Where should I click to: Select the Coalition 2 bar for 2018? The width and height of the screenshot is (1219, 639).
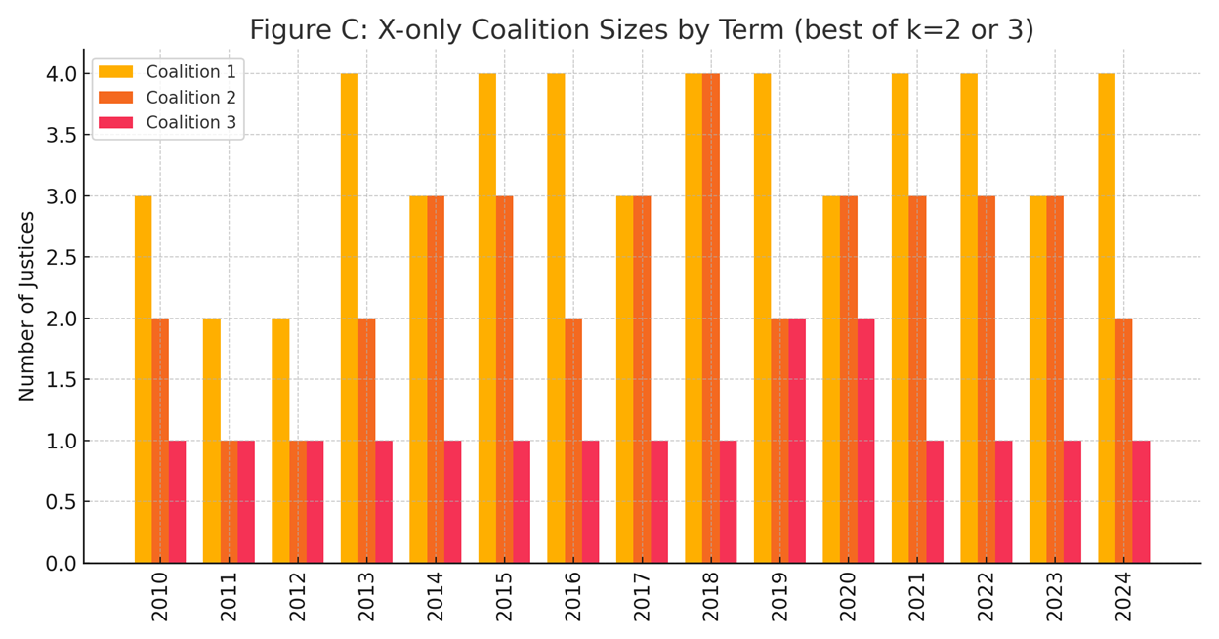(x=710, y=319)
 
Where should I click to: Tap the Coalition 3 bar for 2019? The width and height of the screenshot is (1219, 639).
(x=797, y=441)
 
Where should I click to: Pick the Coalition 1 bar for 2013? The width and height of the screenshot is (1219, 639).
(x=349, y=319)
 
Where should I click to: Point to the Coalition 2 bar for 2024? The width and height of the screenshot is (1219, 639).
(x=1123, y=441)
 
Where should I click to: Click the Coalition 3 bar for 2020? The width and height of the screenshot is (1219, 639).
(x=865, y=441)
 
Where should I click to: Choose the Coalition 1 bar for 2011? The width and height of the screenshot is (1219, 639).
(x=211, y=441)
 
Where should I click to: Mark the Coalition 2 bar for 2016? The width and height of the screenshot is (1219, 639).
(x=573, y=441)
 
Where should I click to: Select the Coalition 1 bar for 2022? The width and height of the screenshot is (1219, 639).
(x=968, y=319)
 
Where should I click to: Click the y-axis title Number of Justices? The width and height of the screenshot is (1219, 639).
(x=26, y=306)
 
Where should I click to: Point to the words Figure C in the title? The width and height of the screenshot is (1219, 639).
(x=299, y=30)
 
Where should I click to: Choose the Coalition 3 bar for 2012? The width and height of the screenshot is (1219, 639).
(x=315, y=502)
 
